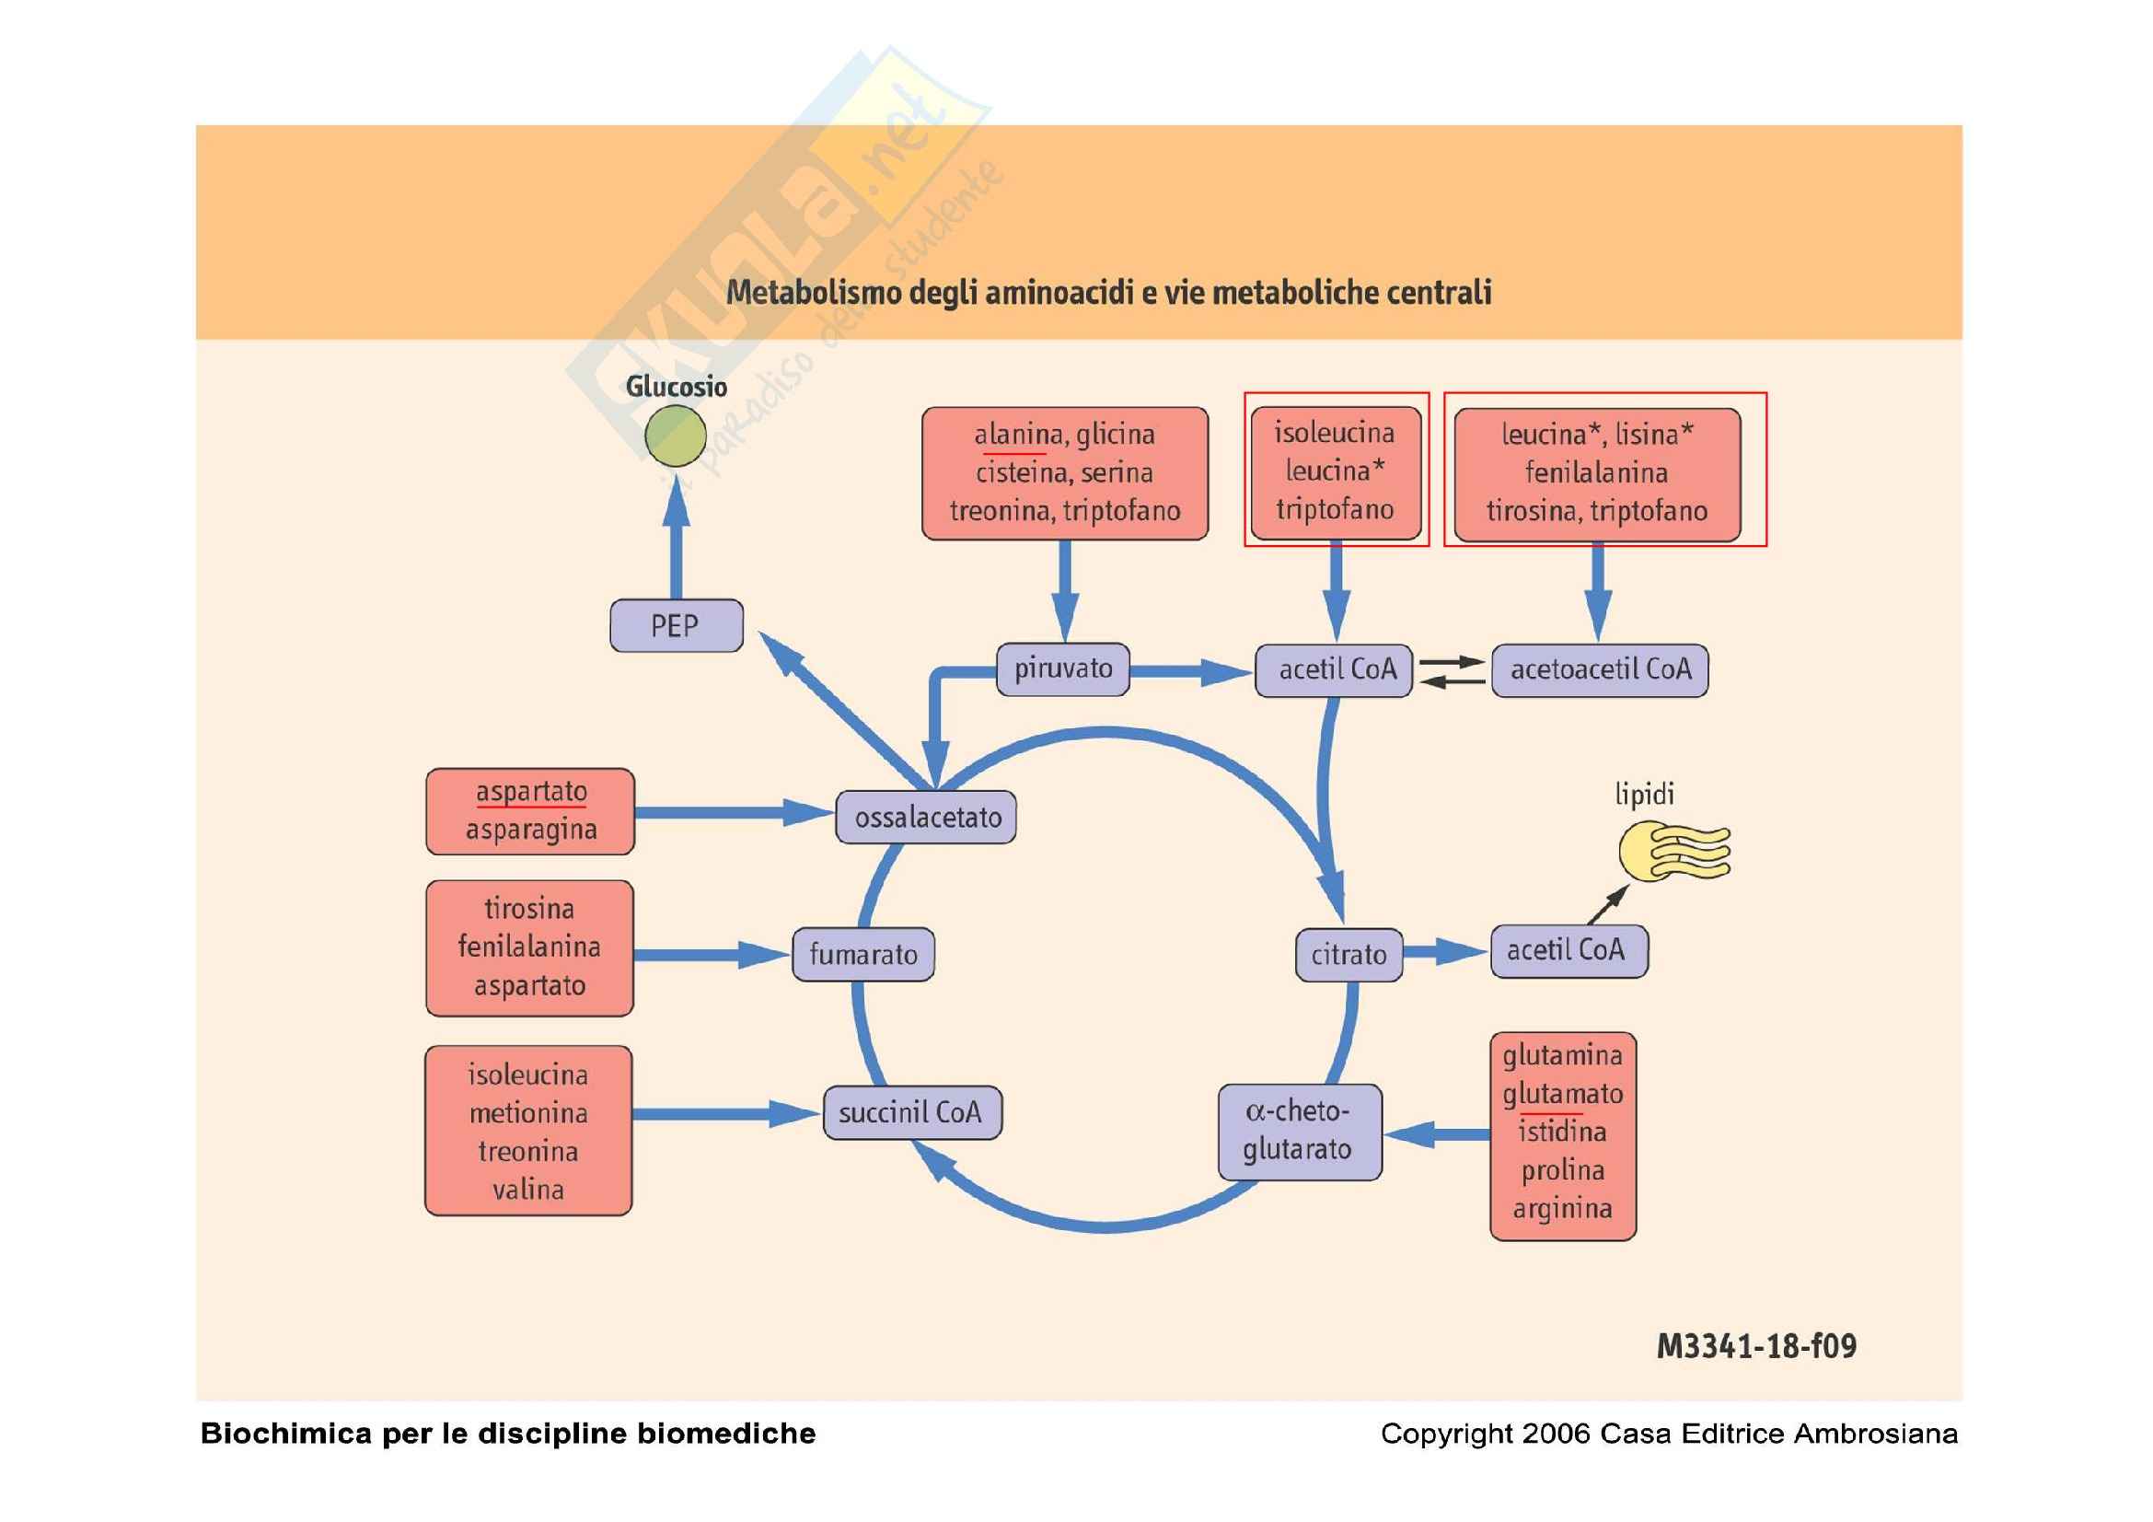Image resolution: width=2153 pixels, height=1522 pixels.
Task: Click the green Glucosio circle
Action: click(x=675, y=436)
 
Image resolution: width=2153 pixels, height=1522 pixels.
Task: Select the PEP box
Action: click(x=677, y=625)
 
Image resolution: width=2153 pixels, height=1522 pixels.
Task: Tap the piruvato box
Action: click(x=1062, y=668)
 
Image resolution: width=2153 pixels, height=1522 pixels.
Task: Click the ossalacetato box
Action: click(x=927, y=817)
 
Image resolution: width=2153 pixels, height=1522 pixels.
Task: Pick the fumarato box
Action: click(x=862, y=955)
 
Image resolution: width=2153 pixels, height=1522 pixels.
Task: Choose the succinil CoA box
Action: click(x=911, y=1113)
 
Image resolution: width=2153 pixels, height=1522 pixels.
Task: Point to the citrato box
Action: click(x=1349, y=955)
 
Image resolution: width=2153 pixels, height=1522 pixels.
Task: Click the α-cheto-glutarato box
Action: click(x=1299, y=1131)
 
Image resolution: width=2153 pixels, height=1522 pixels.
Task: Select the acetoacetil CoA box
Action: click(x=1600, y=669)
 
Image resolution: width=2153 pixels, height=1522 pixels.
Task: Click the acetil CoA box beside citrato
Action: click(x=1568, y=951)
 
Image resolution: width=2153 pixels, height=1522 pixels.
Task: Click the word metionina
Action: click(x=528, y=1113)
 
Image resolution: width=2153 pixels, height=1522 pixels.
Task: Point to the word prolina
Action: click(x=1562, y=1170)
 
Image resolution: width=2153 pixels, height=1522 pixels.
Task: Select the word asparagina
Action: click(x=531, y=830)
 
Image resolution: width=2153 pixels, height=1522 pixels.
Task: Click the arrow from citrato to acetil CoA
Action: click(x=1445, y=952)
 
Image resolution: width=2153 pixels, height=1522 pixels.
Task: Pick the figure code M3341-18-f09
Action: click(x=1755, y=1347)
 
